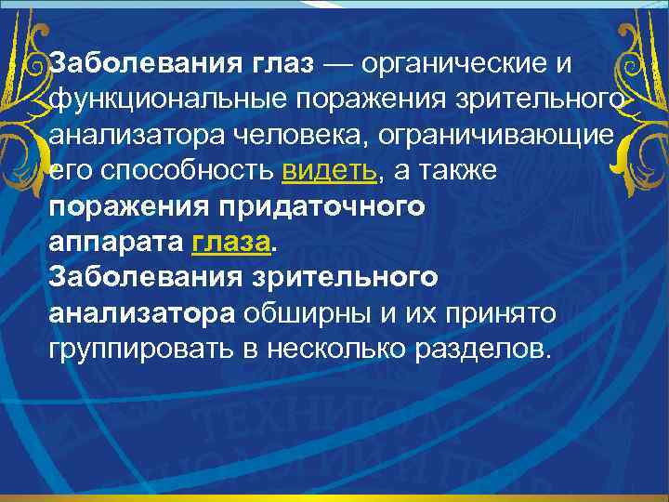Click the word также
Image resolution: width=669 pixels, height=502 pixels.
pos(459,171)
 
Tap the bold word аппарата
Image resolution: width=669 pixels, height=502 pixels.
pos(117,242)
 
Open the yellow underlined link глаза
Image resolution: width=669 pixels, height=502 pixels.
pos(232,242)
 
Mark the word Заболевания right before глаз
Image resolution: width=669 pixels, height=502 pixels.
pos(146,66)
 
